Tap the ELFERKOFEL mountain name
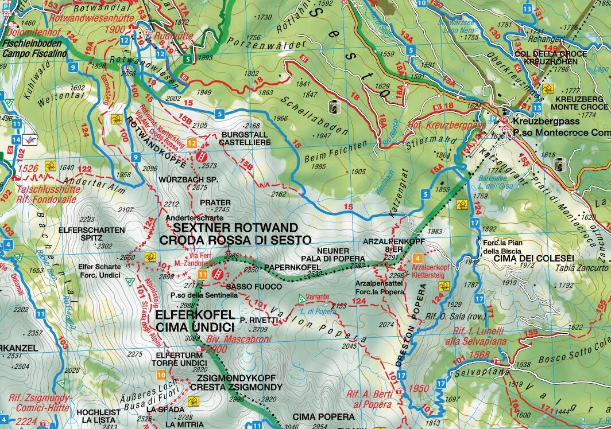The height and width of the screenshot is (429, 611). click(195, 315)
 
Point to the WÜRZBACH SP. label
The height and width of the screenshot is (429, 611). click(183, 179)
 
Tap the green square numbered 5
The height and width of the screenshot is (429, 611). click(188, 58)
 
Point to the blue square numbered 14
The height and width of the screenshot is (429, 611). click(17, 139)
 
